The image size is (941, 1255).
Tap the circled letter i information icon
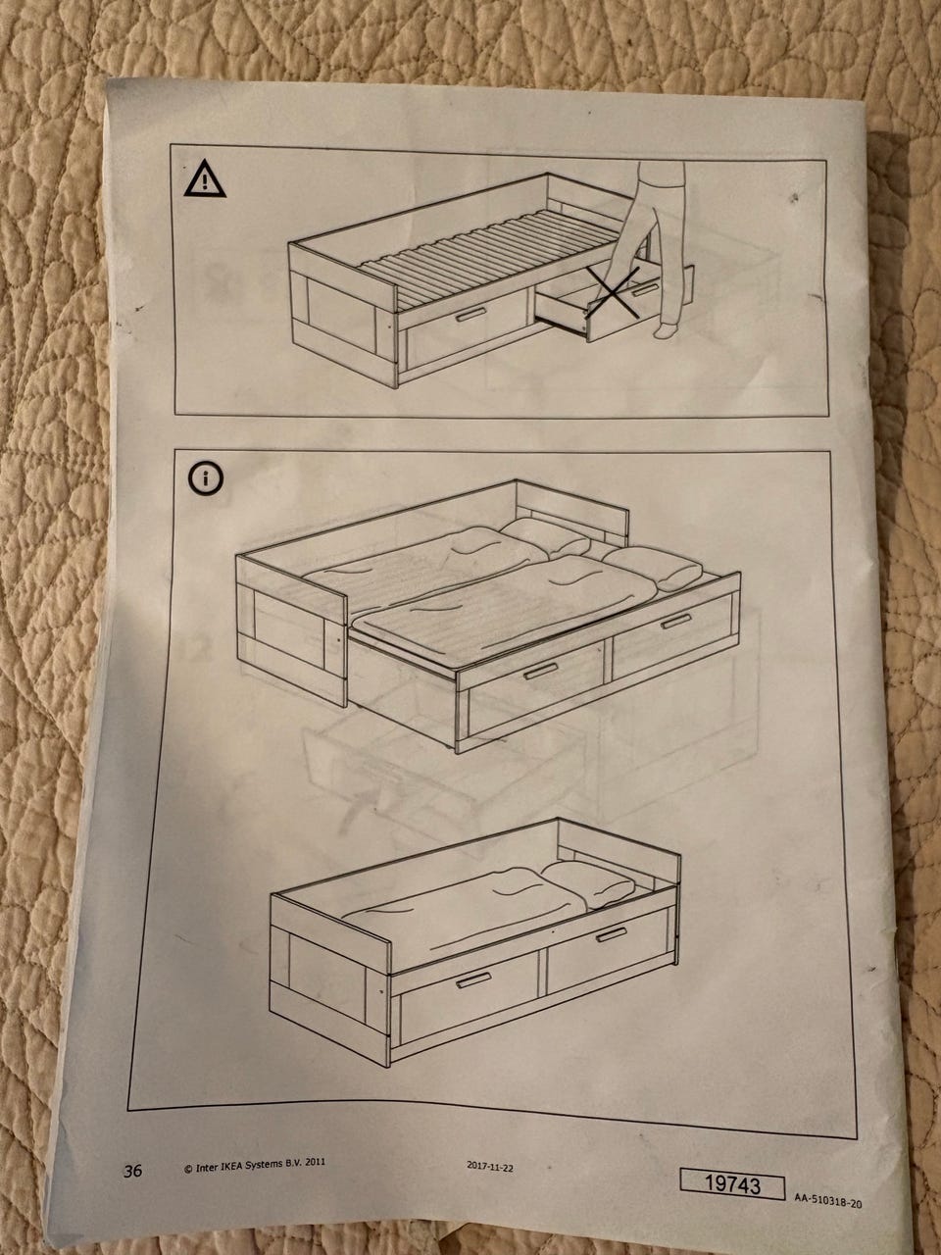point(206,478)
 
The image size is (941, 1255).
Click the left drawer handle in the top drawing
point(470,314)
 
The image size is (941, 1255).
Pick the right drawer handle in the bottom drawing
point(612,934)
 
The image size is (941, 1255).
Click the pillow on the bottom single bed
point(588,883)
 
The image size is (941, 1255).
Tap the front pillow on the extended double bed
point(653,568)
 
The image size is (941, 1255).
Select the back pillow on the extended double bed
point(547,538)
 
